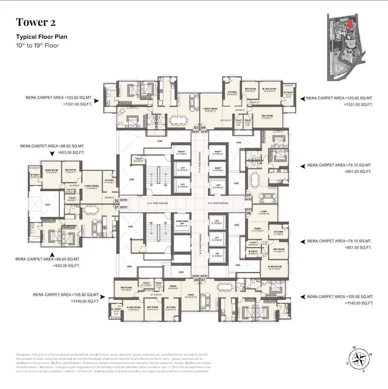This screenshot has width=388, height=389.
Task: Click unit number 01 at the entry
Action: click(x=117, y=207)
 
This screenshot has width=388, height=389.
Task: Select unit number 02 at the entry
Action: click(x=117, y=199)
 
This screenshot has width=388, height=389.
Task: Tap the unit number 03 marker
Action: click(x=196, y=127)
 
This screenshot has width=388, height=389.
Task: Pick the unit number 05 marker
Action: click(x=248, y=194)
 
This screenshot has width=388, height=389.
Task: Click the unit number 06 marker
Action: click(x=248, y=213)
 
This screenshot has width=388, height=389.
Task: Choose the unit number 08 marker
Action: click(x=196, y=280)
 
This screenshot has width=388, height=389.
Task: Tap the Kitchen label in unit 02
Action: click(x=109, y=181)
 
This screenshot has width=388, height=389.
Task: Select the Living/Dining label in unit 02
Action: click(x=92, y=187)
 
